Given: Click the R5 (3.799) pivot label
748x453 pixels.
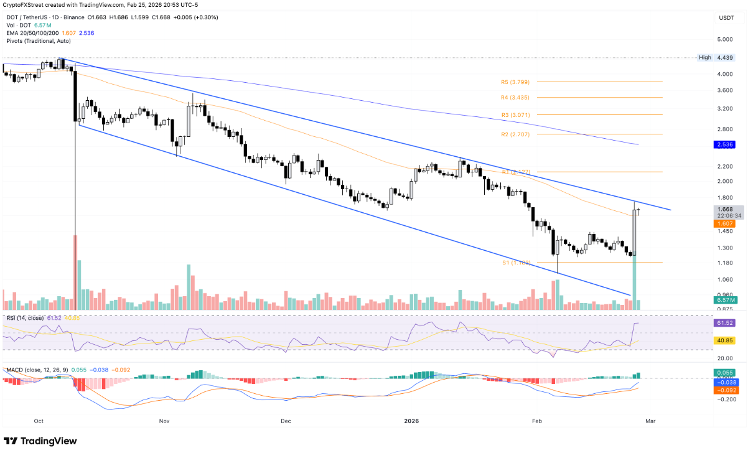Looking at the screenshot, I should click(x=515, y=82).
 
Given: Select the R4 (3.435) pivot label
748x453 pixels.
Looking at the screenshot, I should click(x=515, y=98).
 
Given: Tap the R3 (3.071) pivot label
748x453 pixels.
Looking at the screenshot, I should click(x=515, y=115).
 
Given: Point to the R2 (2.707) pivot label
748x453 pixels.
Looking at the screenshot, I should click(x=515, y=134).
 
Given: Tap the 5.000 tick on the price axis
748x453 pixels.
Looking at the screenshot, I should click(x=726, y=39).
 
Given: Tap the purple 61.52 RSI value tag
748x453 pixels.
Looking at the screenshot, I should click(x=726, y=324).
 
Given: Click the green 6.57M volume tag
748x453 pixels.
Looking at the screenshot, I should click(x=726, y=300).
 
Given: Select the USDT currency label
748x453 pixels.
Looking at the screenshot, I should click(x=726, y=19).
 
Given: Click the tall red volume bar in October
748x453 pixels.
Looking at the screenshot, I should click(x=76, y=273).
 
